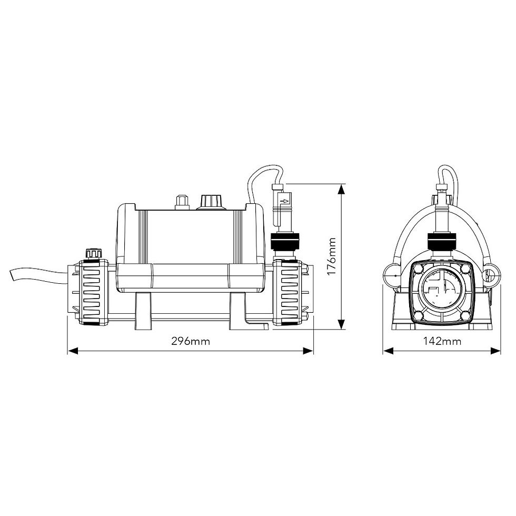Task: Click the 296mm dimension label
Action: tap(191, 341)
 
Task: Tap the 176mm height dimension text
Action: tap(332, 257)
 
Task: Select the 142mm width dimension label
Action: tap(442, 341)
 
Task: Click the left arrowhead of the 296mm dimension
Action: tap(73, 351)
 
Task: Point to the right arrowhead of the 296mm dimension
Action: tap(308, 351)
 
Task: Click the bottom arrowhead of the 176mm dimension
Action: tap(342, 323)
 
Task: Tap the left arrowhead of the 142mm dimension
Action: tap(388, 351)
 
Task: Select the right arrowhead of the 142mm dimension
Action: tap(495, 351)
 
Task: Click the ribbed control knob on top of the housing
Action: tap(211, 202)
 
